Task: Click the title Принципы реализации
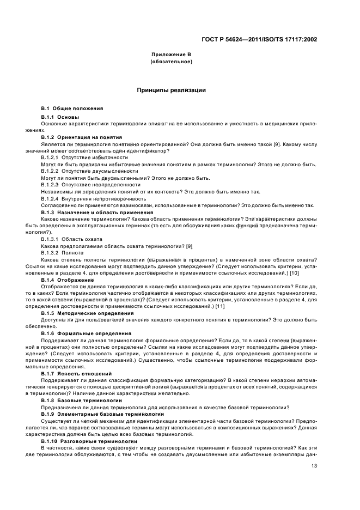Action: [x=171, y=90]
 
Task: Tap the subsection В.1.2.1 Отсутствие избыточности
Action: [x=77, y=157]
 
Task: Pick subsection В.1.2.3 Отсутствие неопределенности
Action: [x=79, y=185]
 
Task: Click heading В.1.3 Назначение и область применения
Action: [x=89, y=212]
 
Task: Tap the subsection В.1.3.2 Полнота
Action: [x=62, y=252]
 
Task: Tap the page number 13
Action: [x=314, y=465]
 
